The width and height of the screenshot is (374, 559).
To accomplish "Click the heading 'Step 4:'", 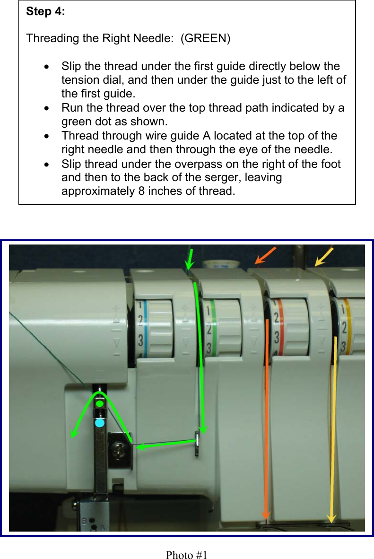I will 46,12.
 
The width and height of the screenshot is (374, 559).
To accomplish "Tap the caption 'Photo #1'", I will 187,555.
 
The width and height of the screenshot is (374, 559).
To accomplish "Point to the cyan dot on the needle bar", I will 99,423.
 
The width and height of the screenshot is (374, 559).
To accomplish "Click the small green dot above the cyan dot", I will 100,404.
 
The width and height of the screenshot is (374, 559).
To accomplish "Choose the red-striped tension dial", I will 288,326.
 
